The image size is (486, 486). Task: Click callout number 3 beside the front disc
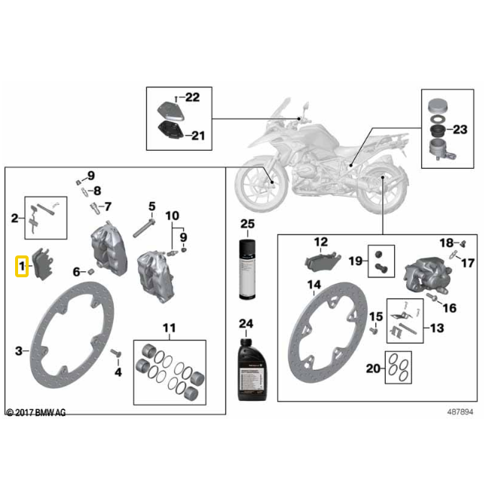click(19, 350)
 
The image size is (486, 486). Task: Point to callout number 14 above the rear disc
click(314, 285)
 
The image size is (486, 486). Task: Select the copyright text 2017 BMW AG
click(35, 412)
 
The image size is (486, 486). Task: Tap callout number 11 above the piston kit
click(168, 328)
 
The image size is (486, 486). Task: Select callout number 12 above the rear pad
click(321, 242)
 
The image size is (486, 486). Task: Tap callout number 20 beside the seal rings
click(372, 369)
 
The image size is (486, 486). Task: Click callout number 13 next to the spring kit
click(437, 328)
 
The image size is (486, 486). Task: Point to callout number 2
click(14, 219)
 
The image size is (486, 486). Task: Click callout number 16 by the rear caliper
click(450, 307)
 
